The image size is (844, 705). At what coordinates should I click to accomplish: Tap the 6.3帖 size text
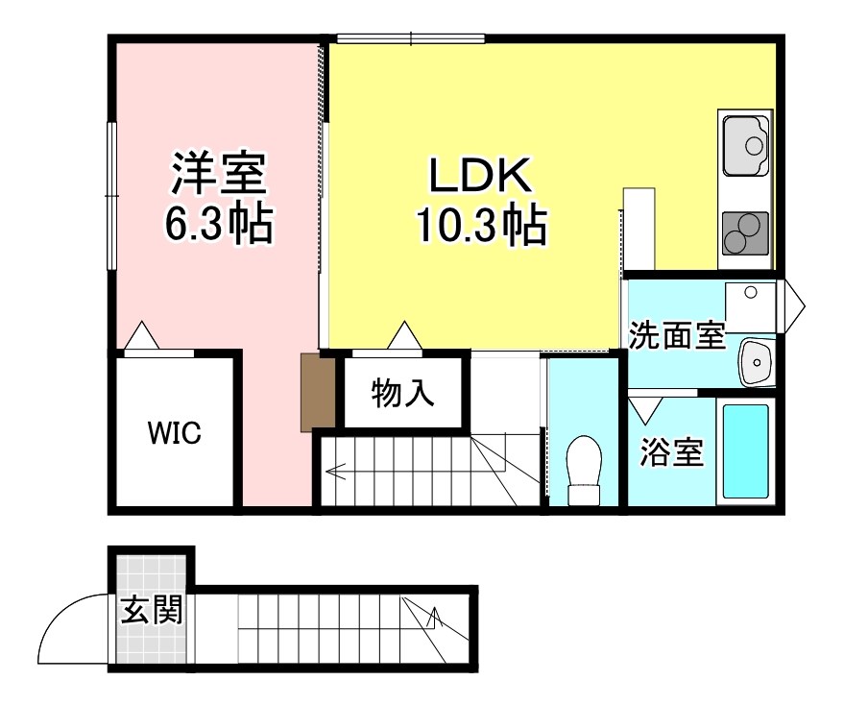(x=218, y=225)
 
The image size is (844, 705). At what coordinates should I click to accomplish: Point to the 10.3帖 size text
(x=480, y=227)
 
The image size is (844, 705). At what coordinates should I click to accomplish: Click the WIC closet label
(x=174, y=433)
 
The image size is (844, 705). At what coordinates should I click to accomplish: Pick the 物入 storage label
(x=404, y=392)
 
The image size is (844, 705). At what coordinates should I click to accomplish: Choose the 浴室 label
(x=672, y=452)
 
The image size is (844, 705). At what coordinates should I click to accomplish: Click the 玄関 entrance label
(x=152, y=609)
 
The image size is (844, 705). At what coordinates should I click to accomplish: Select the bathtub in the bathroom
(x=745, y=450)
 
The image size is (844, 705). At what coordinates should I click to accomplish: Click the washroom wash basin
(x=757, y=362)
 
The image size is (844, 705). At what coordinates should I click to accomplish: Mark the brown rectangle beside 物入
(x=316, y=392)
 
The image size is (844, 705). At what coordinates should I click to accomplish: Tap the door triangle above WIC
(x=141, y=335)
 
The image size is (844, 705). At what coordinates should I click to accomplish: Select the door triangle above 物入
(x=403, y=335)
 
